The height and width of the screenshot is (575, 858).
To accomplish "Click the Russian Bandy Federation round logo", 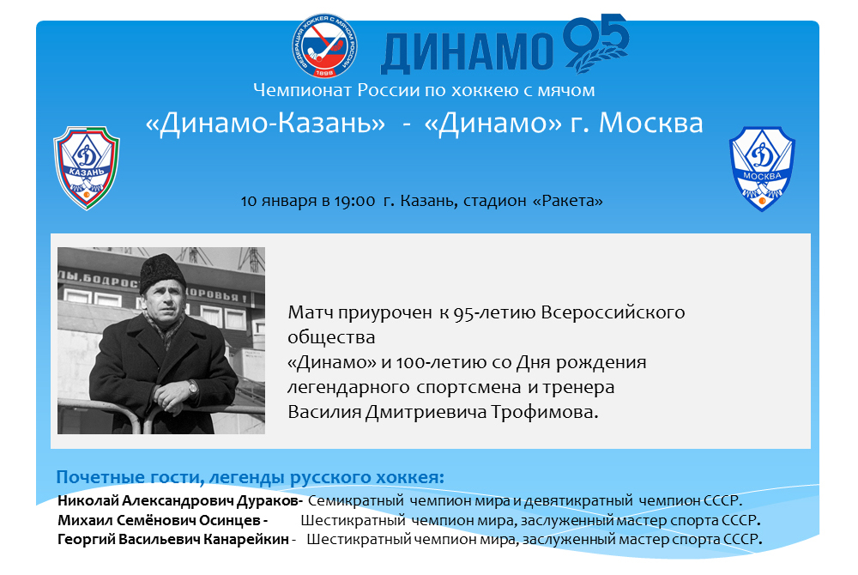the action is click(x=324, y=45).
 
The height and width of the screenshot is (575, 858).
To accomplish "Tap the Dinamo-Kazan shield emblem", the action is click(x=87, y=167).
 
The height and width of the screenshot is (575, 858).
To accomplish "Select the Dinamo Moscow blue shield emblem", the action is click(x=762, y=168).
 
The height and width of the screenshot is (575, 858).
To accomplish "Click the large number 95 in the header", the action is click(x=596, y=43).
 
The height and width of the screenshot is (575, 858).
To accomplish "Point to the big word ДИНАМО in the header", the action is click(x=467, y=52).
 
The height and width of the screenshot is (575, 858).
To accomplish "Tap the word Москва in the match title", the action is click(x=650, y=123).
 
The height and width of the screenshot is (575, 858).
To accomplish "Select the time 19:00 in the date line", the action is click(x=354, y=201).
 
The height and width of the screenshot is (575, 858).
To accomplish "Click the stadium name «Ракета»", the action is click(x=568, y=201).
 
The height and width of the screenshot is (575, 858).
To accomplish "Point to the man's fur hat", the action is click(x=164, y=272).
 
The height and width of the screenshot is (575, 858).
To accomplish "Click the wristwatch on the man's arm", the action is click(x=192, y=387).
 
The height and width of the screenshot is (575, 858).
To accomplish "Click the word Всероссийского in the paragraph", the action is click(x=613, y=312).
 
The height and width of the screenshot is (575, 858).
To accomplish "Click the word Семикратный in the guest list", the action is click(x=356, y=500).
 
